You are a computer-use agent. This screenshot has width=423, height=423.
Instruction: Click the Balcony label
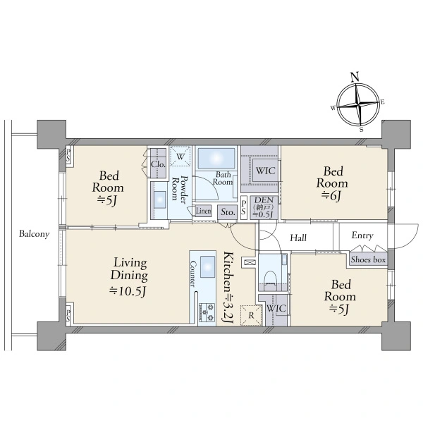35,234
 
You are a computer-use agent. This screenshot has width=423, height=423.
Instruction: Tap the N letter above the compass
355,77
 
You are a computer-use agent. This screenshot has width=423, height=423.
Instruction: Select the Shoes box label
368,259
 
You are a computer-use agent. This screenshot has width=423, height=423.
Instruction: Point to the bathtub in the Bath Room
216,158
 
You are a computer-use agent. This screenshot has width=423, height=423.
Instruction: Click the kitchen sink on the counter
207,266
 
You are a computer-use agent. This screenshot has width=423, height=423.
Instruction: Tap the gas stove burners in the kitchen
207,312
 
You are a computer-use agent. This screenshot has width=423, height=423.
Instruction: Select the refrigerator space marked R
251,315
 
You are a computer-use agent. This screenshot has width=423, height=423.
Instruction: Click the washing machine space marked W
180,157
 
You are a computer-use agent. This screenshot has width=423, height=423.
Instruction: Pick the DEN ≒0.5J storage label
263,207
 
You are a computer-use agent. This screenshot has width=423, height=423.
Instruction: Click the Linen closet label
203,211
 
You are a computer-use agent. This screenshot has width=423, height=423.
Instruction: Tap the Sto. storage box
228,212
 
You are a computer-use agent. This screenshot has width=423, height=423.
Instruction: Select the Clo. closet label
158,164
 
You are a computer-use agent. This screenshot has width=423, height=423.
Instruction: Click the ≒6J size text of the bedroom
331,195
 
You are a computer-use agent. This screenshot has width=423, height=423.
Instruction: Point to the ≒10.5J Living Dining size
128,290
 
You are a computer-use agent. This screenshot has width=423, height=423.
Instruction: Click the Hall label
298,238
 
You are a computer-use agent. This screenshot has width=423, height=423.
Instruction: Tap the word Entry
362,235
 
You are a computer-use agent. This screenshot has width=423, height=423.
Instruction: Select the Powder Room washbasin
160,200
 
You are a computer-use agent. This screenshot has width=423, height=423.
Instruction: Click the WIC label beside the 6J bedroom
265,171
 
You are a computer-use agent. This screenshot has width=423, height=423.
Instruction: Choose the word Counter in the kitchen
193,274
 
